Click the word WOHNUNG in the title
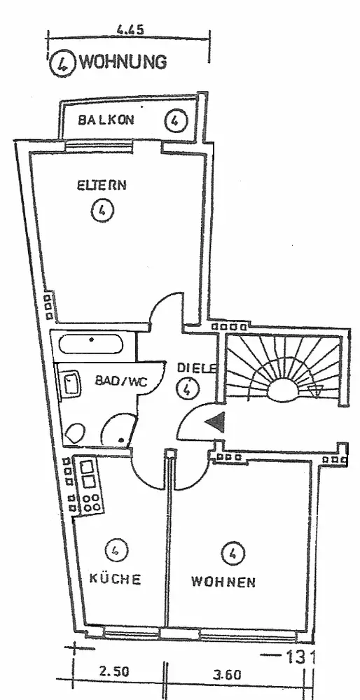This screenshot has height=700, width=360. point(123,62)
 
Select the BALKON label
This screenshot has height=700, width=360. point(106,120)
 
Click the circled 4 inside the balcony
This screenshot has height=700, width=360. point(176,120)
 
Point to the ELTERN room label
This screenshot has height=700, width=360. point(102,185)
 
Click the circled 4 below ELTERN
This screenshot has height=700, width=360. point(102,211)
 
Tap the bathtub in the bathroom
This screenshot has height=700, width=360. point(90,344)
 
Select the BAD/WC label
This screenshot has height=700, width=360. point(120,381)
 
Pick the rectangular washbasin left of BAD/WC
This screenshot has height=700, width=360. point(71,383)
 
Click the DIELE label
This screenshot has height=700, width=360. point(197,368)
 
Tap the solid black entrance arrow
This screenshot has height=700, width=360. point(214,422)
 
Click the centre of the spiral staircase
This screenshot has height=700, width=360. point(282,393)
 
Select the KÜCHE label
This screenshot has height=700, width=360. point(116,579)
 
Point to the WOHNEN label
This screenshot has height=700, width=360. point(223,582)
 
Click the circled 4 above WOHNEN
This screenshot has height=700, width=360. point(233,554)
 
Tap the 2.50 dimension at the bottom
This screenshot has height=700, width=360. point(114,672)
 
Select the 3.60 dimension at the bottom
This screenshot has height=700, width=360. point(227,674)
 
